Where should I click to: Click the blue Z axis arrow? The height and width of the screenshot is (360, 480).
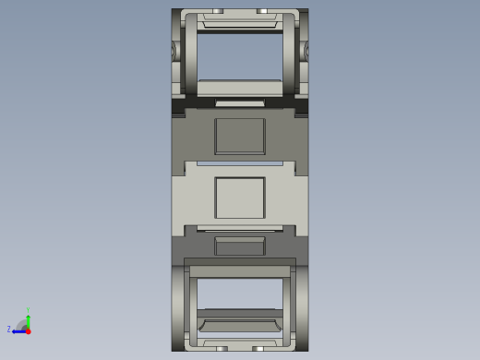pyautogui.click(x=18, y=330)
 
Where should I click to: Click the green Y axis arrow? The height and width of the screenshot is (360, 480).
pyautogui.click(x=28, y=321)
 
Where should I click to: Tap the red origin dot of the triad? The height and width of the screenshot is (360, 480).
pyautogui.click(x=28, y=330)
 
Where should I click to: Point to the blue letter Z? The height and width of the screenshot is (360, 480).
pyautogui.click(x=9, y=330)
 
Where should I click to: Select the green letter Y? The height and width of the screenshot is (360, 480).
pyautogui.click(x=28, y=310)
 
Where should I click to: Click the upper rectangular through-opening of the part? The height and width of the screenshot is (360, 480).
pyautogui.click(x=240, y=56)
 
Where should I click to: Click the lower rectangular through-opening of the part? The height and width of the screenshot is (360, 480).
pyautogui.click(x=240, y=294)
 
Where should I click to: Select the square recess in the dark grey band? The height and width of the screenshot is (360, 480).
pyautogui.click(x=240, y=136)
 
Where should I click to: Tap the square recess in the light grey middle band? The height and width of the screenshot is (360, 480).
pyautogui.click(x=240, y=198)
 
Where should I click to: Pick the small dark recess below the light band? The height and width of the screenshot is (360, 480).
pyautogui.click(x=240, y=246)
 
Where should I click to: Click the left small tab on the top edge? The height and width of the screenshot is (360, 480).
pyautogui.click(x=218, y=11)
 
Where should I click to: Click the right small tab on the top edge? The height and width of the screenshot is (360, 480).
pyautogui.click(x=261, y=11)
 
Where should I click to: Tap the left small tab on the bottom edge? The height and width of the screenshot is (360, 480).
pyautogui.click(x=222, y=348)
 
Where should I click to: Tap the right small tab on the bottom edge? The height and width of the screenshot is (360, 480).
pyautogui.click(x=258, y=348)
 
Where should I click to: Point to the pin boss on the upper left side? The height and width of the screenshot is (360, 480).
pyautogui.click(x=174, y=51)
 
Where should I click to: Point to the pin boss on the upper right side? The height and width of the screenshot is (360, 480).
pyautogui.click(x=306, y=51)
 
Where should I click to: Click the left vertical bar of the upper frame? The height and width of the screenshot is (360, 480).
pyautogui.click(x=191, y=55)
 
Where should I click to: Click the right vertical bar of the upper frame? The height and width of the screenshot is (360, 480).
pyautogui.click(x=289, y=55)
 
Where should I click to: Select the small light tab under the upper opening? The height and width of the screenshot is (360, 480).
pyautogui.click(x=240, y=102)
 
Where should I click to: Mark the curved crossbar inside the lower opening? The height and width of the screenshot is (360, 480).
pyautogui.click(x=240, y=325)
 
